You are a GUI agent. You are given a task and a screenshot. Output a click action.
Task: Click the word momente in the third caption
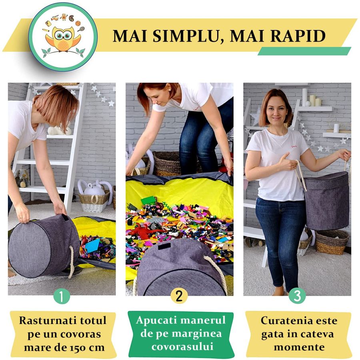coord(299,347)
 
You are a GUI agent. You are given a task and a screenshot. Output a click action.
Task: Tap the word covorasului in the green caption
coord(182,346)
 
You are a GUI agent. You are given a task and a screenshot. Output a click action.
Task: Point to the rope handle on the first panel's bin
coord(72,262)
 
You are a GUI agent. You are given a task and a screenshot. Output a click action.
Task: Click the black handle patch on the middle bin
coord(164,246)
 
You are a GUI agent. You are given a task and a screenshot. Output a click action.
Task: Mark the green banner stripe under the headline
coord(304,51)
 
